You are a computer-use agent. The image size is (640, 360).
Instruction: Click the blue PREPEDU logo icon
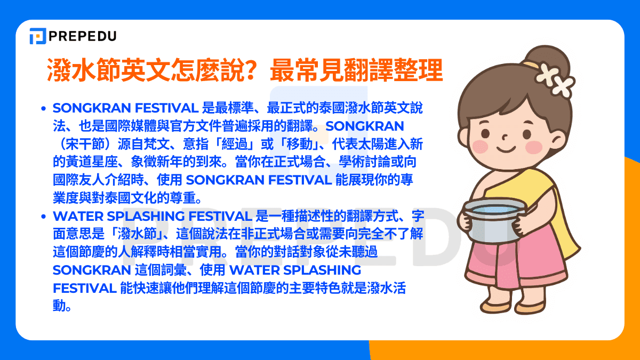38,36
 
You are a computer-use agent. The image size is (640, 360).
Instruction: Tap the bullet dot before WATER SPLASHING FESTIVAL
44,217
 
